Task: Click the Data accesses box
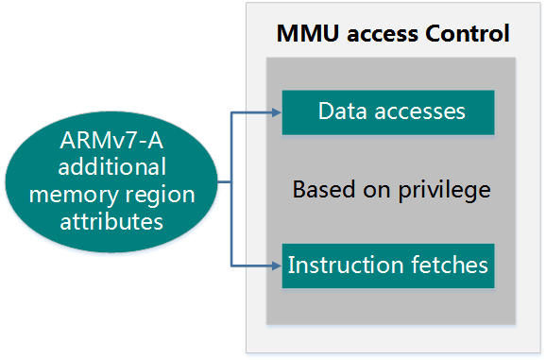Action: pyautogui.click(x=388, y=111)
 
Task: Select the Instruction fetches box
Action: pyautogui.click(x=388, y=265)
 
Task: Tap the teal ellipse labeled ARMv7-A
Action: pyautogui.click(x=112, y=181)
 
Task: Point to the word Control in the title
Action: pyautogui.click(x=468, y=35)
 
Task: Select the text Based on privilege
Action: pyautogui.click(x=391, y=189)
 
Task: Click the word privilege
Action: pyautogui.click(x=447, y=190)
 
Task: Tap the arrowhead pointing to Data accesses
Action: pyautogui.click(x=277, y=112)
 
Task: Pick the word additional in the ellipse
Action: pyautogui.click(x=112, y=167)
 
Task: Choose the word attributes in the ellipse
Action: pyautogui.click(x=112, y=222)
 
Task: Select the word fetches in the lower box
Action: pyautogui.click(x=451, y=265)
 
